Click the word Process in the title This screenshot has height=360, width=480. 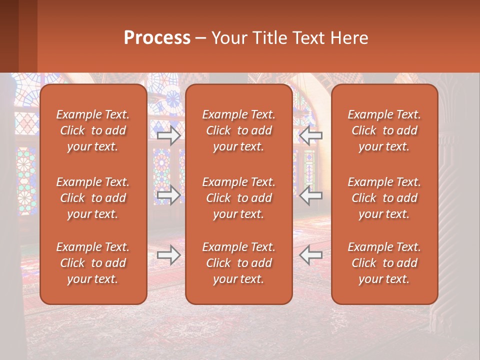pos(157,38)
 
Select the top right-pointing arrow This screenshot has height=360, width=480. pos(168,135)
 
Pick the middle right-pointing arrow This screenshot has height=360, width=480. pos(168,195)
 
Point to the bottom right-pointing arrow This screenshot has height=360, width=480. pos(168,255)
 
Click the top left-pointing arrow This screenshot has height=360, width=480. pos(311,135)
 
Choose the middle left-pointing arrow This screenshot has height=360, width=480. pos(311,195)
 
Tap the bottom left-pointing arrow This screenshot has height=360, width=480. pos(311,255)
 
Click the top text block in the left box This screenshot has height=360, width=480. pos(93,130)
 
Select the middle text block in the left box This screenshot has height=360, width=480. pos(93,198)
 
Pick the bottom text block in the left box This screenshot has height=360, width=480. pos(93,263)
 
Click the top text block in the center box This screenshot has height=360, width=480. pos(239,130)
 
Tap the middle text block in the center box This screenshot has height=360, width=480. pos(239,198)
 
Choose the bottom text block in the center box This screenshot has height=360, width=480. pos(239,263)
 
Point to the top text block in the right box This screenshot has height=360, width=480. pos(384,130)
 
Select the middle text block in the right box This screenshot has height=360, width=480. pos(384,198)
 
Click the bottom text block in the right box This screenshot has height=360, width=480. pos(384,263)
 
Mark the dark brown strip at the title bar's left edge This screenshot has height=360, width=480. pos(9,36)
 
